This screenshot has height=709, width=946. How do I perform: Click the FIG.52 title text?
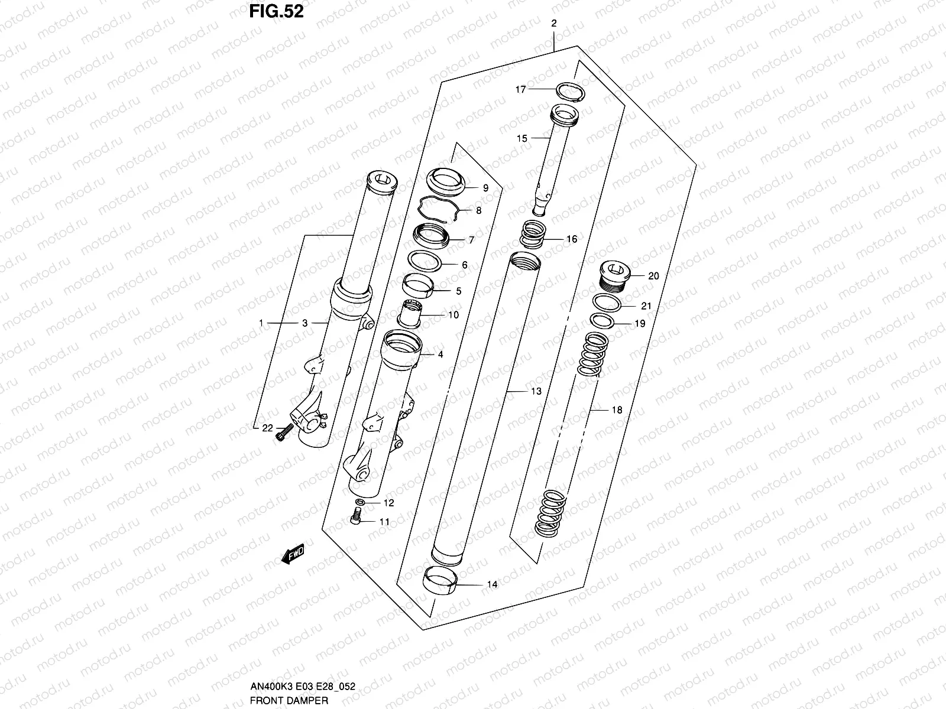(277, 11)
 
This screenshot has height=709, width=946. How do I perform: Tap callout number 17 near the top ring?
(520, 90)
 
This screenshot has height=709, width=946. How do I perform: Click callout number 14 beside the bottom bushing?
(492, 585)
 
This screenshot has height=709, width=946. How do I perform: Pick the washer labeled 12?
(360, 502)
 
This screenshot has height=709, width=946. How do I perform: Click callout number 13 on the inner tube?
(536, 391)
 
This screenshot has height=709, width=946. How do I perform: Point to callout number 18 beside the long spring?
(616, 410)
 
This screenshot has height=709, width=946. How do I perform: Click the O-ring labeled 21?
(607, 304)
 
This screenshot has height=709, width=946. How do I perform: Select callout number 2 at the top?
(554, 24)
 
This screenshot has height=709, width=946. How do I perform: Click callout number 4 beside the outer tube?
(440, 355)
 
